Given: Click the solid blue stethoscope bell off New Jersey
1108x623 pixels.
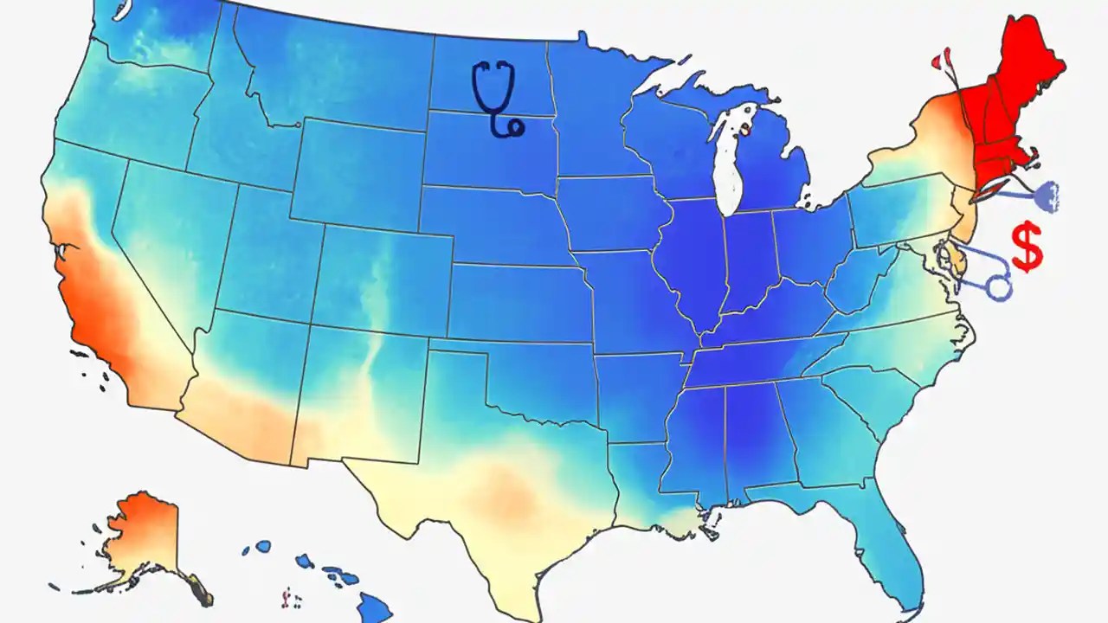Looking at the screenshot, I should [1045, 196].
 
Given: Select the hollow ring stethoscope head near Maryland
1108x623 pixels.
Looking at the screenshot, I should [999, 286].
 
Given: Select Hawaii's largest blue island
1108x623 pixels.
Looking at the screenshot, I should [375, 608].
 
